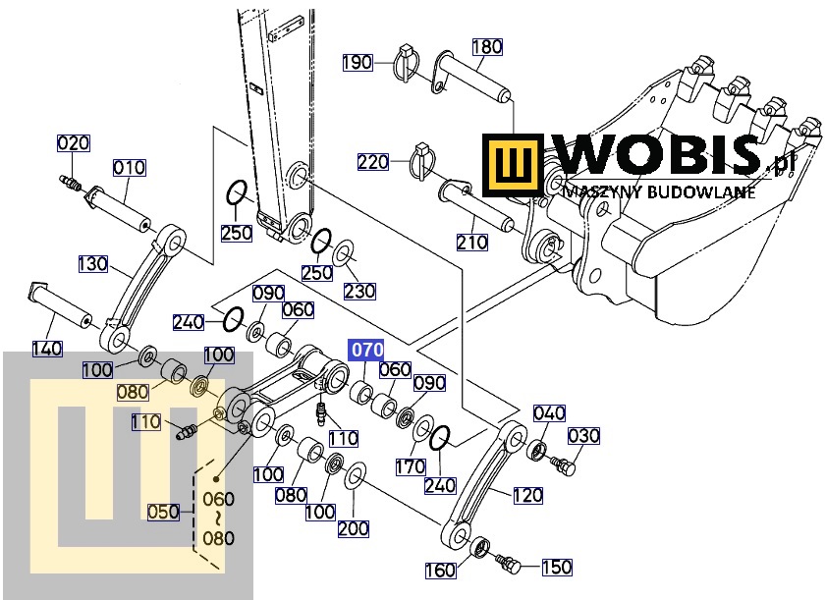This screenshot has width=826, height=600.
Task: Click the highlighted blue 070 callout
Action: [x=365, y=350]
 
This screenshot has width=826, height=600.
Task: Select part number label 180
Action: [x=487, y=47]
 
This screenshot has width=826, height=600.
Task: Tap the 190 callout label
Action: [x=358, y=62]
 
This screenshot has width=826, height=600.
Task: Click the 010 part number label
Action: [x=129, y=168]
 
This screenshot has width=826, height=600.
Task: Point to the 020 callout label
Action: [x=74, y=143]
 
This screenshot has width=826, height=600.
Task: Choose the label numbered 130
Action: [x=93, y=263]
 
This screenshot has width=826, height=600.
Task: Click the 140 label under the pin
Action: [x=47, y=349]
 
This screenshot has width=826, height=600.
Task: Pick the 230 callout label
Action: [x=359, y=291]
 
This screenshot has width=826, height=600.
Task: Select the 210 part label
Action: [x=472, y=243]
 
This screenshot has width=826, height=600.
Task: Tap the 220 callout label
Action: [x=373, y=162]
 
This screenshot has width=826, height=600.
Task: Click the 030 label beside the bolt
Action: [x=583, y=436]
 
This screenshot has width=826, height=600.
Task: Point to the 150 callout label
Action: [x=557, y=567]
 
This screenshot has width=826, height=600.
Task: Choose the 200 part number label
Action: [x=354, y=528]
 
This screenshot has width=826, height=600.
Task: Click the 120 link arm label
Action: [x=527, y=495]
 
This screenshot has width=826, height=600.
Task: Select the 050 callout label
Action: [x=163, y=512]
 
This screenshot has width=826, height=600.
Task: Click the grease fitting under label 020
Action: [x=71, y=184]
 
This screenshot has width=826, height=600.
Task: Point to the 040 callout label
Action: [x=549, y=413]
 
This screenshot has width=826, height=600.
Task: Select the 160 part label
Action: [x=441, y=570]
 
